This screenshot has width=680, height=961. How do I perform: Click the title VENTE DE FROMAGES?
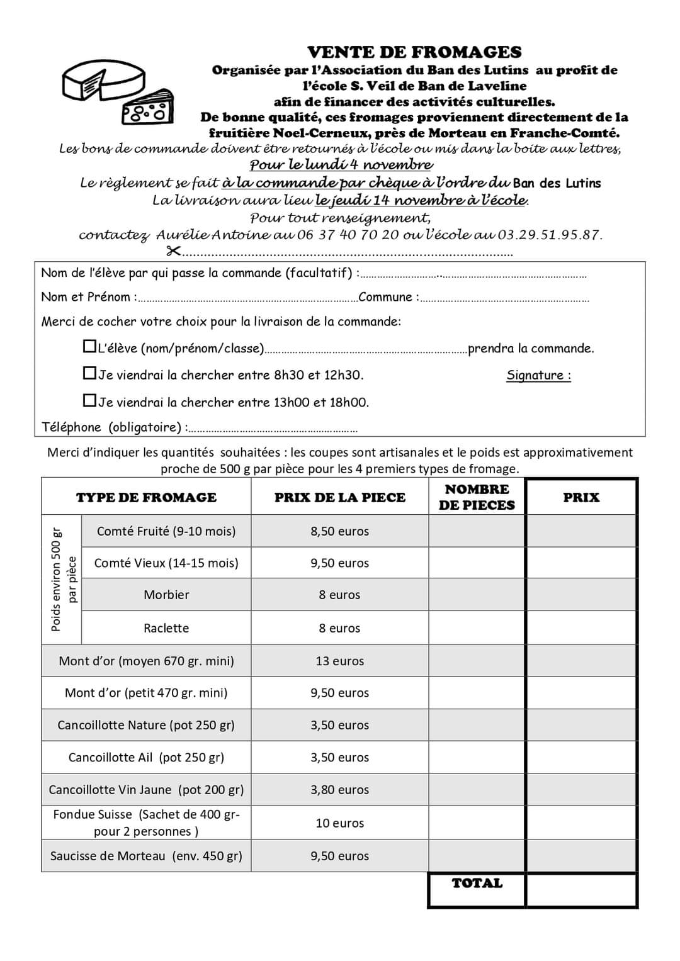(x=414, y=52)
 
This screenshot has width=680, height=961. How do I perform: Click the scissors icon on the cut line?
(x=173, y=252)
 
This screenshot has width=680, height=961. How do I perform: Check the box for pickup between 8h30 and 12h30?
(x=89, y=373)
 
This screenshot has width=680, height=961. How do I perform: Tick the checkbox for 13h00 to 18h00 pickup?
(x=89, y=400)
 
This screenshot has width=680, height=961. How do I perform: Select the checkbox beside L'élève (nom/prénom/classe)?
(x=89, y=346)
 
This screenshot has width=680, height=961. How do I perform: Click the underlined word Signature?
(x=538, y=376)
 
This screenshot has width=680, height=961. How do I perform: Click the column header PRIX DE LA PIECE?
(x=339, y=497)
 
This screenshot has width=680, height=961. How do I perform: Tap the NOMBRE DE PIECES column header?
(x=477, y=497)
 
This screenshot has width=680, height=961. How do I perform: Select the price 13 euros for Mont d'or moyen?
(x=339, y=661)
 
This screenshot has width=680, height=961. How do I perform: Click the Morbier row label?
(x=166, y=595)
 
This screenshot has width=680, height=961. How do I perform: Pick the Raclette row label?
(x=166, y=628)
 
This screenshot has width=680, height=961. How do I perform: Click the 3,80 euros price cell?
(x=339, y=790)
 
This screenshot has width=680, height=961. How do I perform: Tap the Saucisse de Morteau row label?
(x=146, y=856)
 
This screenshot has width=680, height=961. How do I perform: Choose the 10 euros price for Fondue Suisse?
(x=339, y=823)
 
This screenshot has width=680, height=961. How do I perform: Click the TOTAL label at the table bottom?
(x=477, y=884)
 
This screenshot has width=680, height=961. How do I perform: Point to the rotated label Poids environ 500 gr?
(x=56, y=579)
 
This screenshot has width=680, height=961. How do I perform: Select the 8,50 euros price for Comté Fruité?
(x=339, y=531)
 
